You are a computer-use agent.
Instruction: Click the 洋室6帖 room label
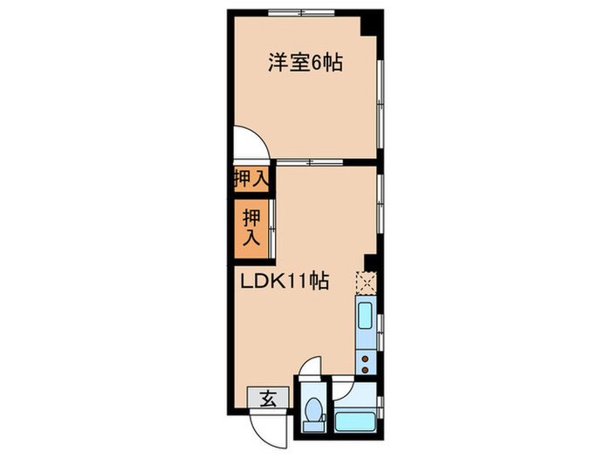coord(305,63)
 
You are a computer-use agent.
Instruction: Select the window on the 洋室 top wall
coord(300,10)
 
